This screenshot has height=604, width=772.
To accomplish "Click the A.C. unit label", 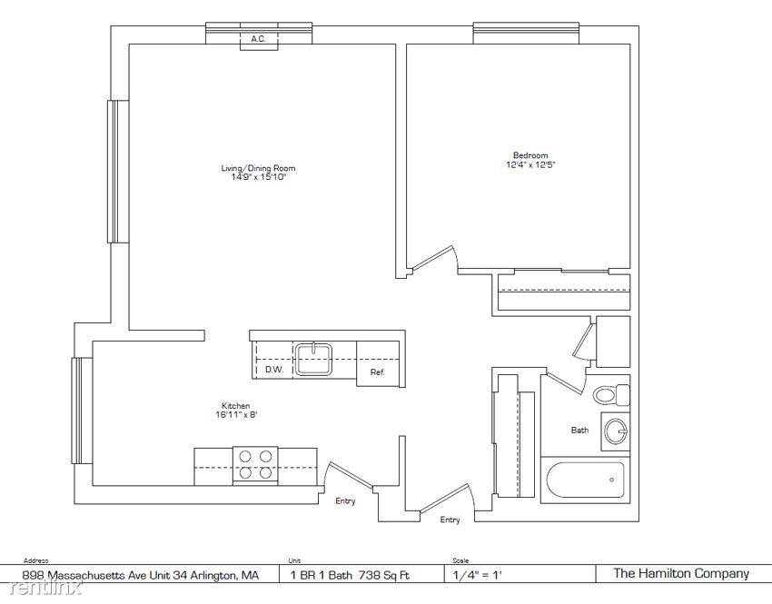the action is tap(259, 39).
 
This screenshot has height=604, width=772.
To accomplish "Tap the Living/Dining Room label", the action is tap(259, 168).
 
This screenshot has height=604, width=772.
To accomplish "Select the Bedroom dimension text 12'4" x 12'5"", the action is tap(530, 165).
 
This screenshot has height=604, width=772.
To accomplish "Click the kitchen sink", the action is tap(313, 359).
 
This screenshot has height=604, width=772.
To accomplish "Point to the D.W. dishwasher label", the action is tap(274, 369).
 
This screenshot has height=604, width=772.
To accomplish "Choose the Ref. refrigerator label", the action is tap(377, 372).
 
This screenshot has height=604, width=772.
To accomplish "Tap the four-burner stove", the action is tap(255, 465).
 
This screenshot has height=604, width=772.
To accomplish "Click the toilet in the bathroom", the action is tap(611, 394).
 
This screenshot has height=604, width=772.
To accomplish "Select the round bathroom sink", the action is tap(616, 431).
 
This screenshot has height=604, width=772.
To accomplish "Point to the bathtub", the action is tap(585, 480).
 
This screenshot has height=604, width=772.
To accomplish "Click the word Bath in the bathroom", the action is tap(579, 431).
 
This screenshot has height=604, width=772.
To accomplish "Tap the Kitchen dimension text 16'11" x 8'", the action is tap(236, 415).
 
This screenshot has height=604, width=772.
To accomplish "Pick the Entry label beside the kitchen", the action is tap(345, 501).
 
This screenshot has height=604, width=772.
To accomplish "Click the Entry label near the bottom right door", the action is tap(450, 520).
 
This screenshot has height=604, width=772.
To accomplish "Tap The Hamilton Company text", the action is tap(681, 573).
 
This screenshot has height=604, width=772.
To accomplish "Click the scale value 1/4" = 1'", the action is tap(478, 574).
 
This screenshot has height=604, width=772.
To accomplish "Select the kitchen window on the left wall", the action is tap(82, 411).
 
